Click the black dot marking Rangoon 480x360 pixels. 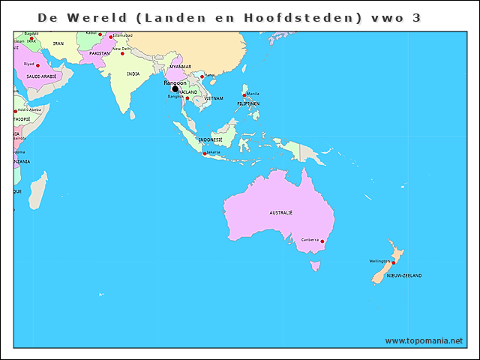[x=175, y=88]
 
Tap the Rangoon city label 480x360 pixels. [x=175, y=82]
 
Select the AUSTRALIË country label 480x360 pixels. [x=280, y=213]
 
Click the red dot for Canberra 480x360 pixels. [x=322, y=241]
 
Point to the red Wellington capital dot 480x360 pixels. [x=392, y=263]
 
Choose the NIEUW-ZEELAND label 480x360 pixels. [x=403, y=275]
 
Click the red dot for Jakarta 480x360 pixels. [x=205, y=154]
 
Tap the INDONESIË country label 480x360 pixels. [x=211, y=139]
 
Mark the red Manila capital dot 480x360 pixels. [x=244, y=95]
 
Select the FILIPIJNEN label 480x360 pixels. [x=248, y=103]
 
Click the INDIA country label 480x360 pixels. [x=133, y=73]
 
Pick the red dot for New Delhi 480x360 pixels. [x=123, y=53]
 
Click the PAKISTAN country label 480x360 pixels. [x=99, y=53]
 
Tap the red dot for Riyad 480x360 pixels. [x=37, y=65]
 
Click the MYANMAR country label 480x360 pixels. [x=181, y=67]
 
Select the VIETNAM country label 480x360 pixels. [x=214, y=98]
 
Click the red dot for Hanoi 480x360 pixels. [x=202, y=76]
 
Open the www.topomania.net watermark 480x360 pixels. [x=424, y=340]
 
